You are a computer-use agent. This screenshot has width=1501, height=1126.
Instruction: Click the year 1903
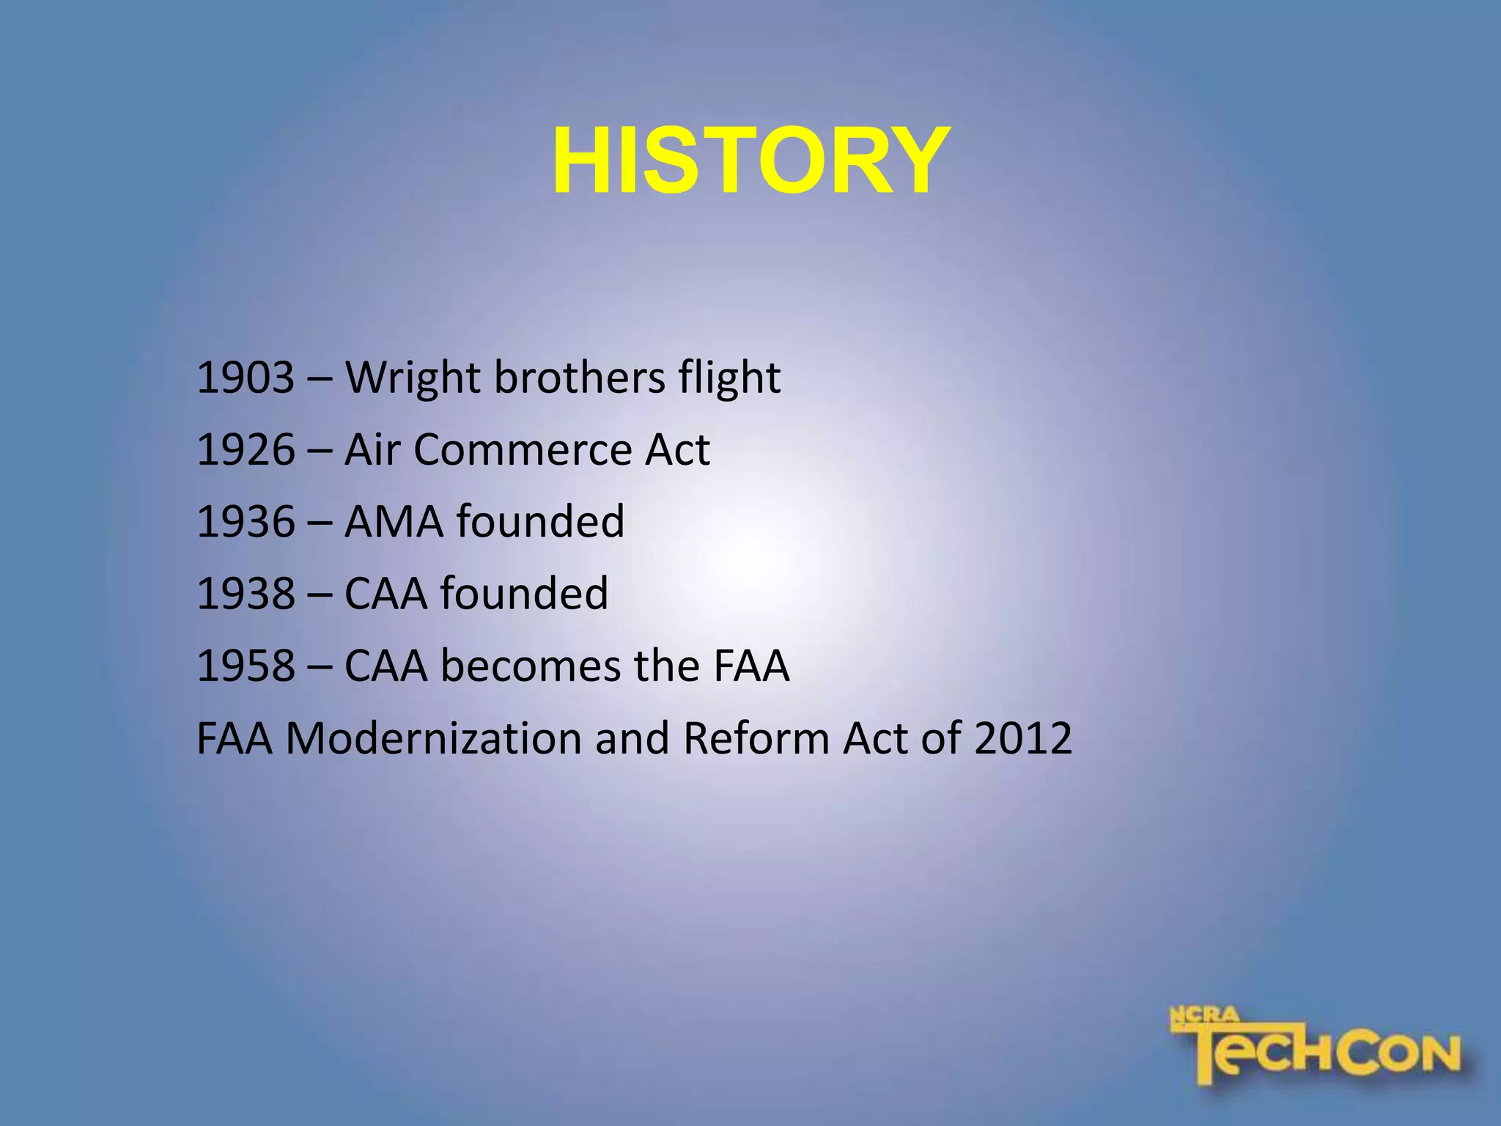tap(246, 378)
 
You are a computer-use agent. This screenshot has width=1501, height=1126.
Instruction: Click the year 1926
tap(246, 450)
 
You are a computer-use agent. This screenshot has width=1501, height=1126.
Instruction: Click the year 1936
tap(246, 522)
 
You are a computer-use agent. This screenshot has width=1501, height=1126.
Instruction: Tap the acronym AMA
tap(394, 522)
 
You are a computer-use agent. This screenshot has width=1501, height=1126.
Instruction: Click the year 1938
tap(246, 594)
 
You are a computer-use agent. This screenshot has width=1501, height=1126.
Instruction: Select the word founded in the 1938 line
tap(524, 594)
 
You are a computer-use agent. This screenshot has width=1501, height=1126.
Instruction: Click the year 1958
tap(246, 666)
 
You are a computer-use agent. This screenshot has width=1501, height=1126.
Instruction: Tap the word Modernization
tap(432, 738)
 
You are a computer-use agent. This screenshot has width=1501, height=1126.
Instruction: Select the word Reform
tap(756, 738)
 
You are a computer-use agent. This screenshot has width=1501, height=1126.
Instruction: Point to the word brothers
tap(579, 378)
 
